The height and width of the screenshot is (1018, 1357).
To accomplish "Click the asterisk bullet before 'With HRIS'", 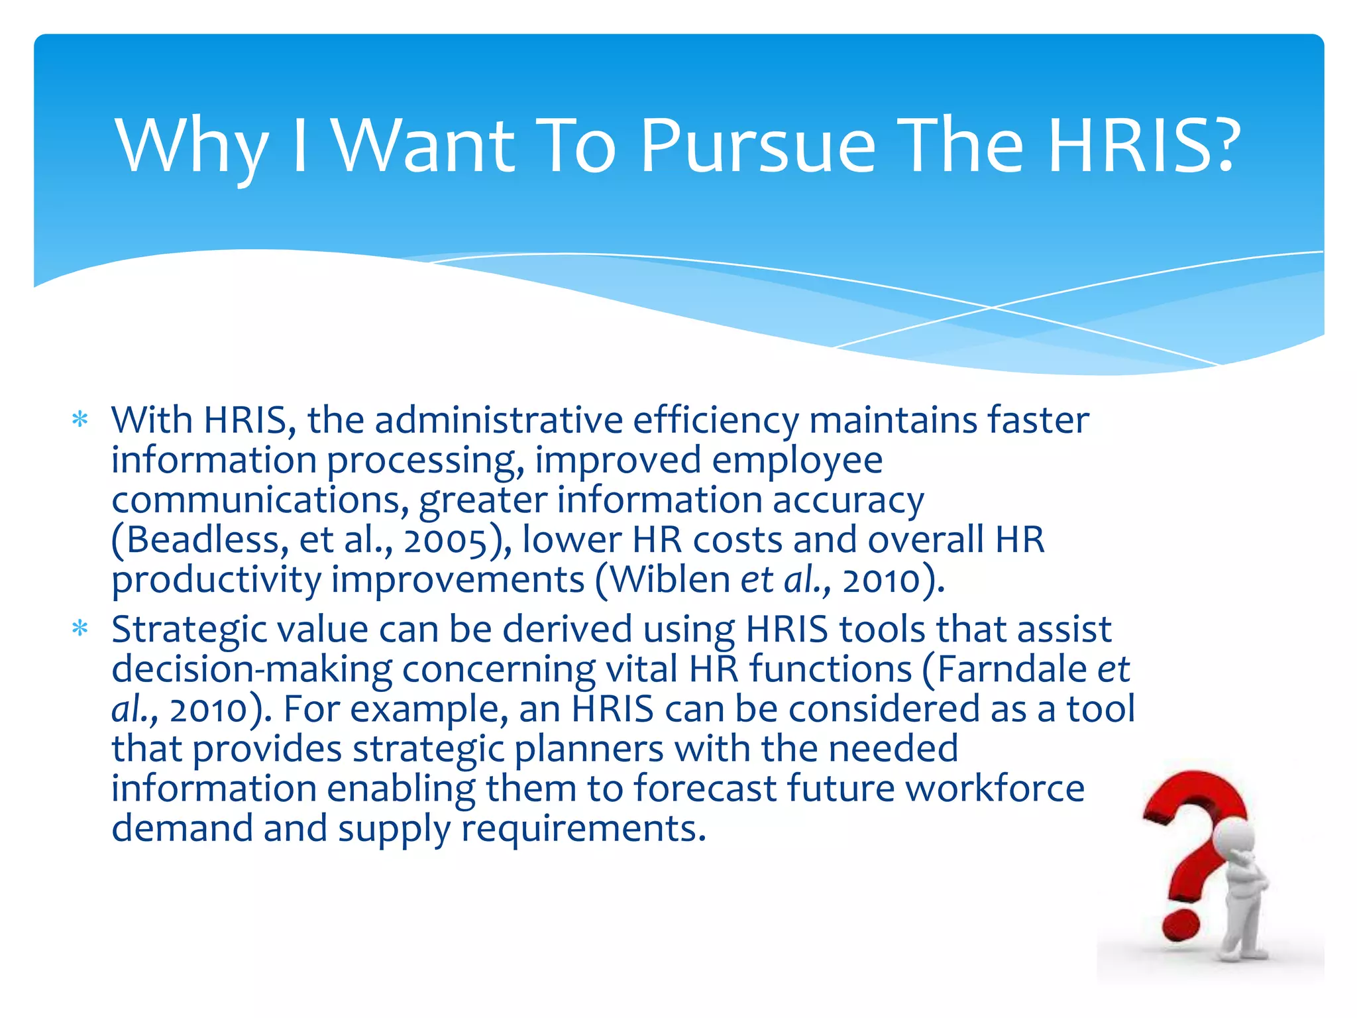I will tap(80, 420).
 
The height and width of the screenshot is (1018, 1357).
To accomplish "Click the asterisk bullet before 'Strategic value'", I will tap(80, 628).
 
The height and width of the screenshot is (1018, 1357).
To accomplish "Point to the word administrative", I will tap(498, 420).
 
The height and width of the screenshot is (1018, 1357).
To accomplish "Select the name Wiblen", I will tap(669, 579).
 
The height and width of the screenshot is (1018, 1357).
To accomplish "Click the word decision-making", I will tap(252, 669).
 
